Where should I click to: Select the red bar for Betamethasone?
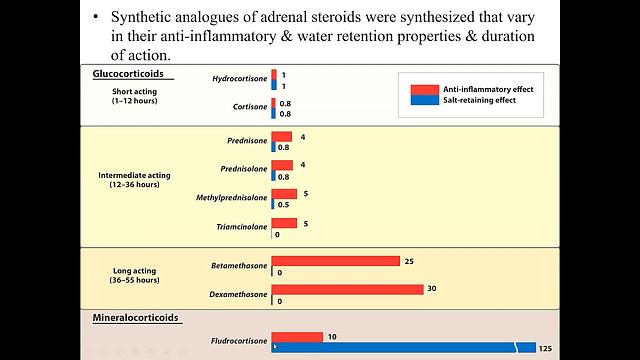[x=335, y=261]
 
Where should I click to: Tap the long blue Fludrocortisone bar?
[x=400, y=347]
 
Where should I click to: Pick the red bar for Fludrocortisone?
[x=297, y=337]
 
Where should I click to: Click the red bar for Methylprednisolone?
[x=284, y=193]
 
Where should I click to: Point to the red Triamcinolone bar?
[x=284, y=223]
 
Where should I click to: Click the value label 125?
[x=545, y=347]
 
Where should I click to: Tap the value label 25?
[x=408, y=261]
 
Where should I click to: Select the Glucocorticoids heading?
[x=132, y=75]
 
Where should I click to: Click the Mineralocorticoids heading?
[x=136, y=319]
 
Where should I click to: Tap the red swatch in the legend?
[x=419, y=89]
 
